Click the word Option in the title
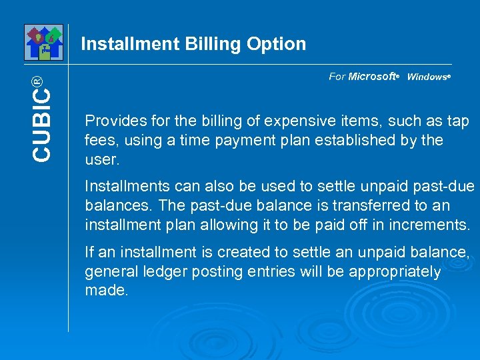(x=277, y=45)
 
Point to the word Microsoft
(x=372, y=77)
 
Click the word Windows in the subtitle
(x=427, y=77)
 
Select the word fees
(x=99, y=141)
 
